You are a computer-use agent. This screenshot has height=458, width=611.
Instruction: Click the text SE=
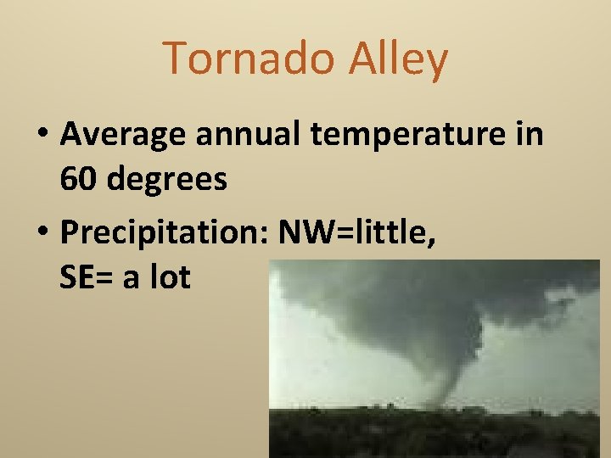[x=87, y=277]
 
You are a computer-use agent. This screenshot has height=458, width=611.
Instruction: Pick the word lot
[x=172, y=277]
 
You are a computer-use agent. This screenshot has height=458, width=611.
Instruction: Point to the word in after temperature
[x=530, y=134]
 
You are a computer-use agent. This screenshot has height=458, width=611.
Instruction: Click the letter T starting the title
[x=175, y=59]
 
